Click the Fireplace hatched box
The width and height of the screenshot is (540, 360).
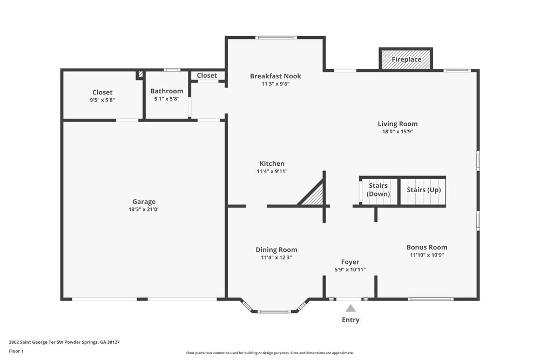click(x=406, y=59)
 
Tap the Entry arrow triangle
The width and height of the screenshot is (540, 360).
click(x=350, y=309)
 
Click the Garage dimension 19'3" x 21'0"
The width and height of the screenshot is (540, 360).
click(x=144, y=209)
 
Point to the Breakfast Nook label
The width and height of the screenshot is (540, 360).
click(x=275, y=76)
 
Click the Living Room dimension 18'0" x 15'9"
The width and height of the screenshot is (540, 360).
click(x=397, y=132)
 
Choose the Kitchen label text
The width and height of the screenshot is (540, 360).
click(x=272, y=164)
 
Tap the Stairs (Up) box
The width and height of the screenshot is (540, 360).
click(x=423, y=191)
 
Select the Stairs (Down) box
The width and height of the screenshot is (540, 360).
click(x=378, y=190)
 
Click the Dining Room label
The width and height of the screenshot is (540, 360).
click(x=276, y=250)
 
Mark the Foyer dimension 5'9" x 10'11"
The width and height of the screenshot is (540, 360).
click(x=350, y=269)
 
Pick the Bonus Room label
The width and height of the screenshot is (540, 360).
click(x=427, y=247)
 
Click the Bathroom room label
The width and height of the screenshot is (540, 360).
click(x=166, y=91)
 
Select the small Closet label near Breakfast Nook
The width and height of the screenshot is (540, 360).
click(x=207, y=76)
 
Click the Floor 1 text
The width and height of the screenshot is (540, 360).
click(x=16, y=351)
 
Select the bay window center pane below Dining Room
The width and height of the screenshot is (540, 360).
click(x=275, y=311)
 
